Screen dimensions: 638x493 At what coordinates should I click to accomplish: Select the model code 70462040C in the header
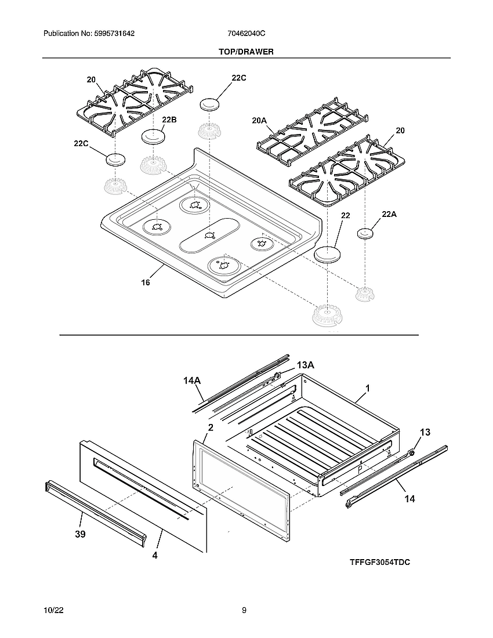[246, 34]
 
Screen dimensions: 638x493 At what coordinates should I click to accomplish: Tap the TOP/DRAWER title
[246, 52]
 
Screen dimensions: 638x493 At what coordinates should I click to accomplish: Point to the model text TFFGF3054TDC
[380, 563]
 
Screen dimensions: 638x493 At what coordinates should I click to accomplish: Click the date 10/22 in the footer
[53, 610]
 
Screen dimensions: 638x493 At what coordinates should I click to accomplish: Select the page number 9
[244, 610]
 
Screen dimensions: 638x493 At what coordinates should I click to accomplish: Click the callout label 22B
[169, 120]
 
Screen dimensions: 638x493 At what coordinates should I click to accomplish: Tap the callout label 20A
[259, 120]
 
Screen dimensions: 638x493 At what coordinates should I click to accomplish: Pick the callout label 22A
[389, 215]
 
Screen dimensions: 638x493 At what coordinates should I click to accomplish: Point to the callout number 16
[145, 282]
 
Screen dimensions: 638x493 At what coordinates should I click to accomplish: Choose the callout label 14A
[192, 380]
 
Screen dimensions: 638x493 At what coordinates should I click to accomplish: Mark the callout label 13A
[306, 365]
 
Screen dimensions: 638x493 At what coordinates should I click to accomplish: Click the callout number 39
[80, 534]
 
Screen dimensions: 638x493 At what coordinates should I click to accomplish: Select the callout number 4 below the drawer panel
[155, 555]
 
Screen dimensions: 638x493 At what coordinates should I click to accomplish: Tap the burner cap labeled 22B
[154, 137]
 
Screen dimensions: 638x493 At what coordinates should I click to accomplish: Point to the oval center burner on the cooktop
[210, 235]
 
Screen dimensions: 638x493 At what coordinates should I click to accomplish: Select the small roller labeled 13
[412, 452]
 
